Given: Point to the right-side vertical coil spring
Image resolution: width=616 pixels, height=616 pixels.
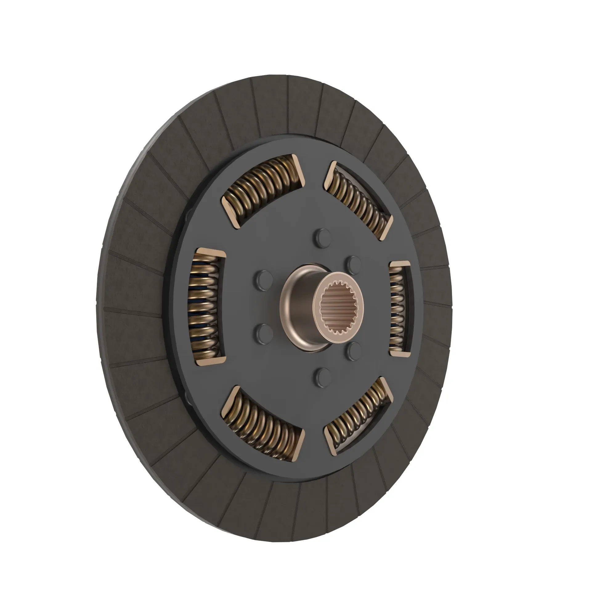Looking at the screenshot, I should (x=397, y=308).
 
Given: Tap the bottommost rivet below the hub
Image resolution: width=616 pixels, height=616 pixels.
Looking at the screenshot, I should (x=323, y=377).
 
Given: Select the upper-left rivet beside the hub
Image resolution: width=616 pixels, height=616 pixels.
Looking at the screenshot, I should (x=263, y=280).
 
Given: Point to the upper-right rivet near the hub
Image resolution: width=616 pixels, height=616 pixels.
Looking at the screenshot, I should (x=353, y=265).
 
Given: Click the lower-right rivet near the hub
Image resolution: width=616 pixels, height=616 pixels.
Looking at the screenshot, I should (x=353, y=351).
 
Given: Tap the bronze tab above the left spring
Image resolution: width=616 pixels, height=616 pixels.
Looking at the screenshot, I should (x=210, y=253).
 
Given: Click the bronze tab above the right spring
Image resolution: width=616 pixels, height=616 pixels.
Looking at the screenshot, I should (x=400, y=264).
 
